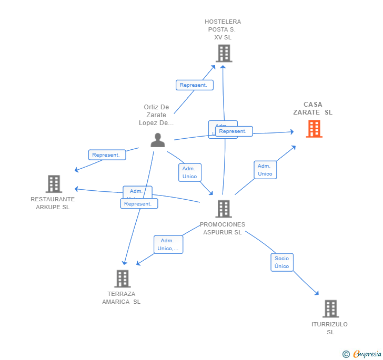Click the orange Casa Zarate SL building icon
[x=314, y=129]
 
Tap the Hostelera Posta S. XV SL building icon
[x=224, y=53]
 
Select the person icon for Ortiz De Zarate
[x=158, y=140]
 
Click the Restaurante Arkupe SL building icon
[x=54, y=184]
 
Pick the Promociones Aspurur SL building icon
[x=223, y=209]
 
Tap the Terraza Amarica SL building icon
[x=122, y=279]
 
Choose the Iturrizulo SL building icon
[x=330, y=308]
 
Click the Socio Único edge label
[x=281, y=262]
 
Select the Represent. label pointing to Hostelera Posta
[x=194, y=85]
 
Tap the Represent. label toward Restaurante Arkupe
[x=107, y=155]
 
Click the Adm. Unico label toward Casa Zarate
[x=265, y=170]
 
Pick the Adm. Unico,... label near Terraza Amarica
[x=168, y=244]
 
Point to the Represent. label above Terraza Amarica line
[x=139, y=203]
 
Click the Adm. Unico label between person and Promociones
[x=189, y=172]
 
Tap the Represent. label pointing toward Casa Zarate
[x=234, y=131]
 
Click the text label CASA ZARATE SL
[x=313, y=108]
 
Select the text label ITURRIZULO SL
[x=330, y=328]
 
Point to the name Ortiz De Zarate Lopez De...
[x=156, y=115]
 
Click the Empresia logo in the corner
[x=362, y=354]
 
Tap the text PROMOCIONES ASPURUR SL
[x=223, y=228]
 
